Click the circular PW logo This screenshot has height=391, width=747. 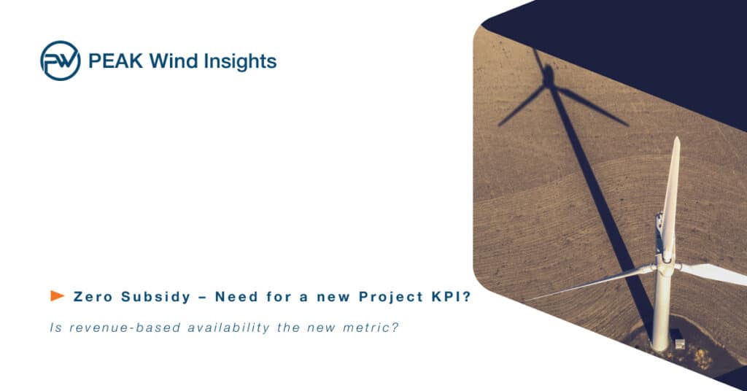[61, 61]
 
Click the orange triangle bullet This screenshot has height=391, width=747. [57, 295]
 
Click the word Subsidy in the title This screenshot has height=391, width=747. [156, 298]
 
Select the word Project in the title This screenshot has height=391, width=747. [391, 298]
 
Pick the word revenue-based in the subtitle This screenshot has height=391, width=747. [125, 328]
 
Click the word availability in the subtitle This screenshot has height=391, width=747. [228, 328]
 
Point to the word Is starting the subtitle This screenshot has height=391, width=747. [55, 328]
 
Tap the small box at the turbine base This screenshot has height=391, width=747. [679, 344]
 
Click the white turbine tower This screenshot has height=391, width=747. [661, 309]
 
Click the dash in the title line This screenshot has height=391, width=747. [203, 298]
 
